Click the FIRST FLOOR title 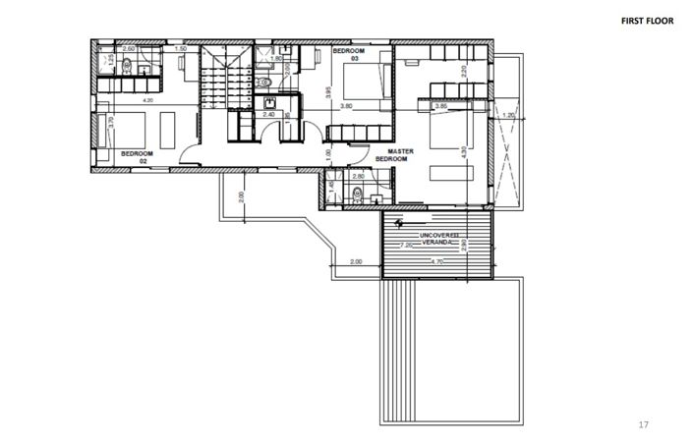coord(648,20)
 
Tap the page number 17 coord(644,424)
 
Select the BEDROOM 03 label coord(349,54)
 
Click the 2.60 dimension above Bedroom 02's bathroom coord(130,48)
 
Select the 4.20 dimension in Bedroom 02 coord(147,100)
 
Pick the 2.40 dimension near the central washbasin coord(268,114)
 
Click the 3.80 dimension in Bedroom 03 coord(346,105)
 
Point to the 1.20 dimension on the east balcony coord(508,115)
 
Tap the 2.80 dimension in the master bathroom coord(359,176)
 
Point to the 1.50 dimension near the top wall coord(181,48)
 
